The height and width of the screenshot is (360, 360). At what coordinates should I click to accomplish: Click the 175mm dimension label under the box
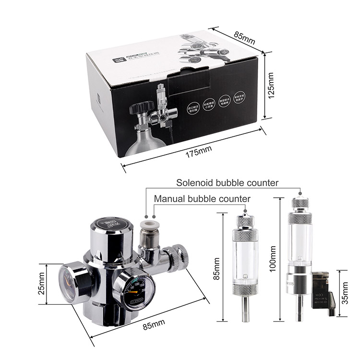point(199,149)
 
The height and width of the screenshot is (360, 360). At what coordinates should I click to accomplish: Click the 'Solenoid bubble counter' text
point(228,183)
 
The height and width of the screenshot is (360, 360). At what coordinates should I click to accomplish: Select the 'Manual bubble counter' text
point(202,199)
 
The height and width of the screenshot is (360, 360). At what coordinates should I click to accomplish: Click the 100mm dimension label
point(273,259)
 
